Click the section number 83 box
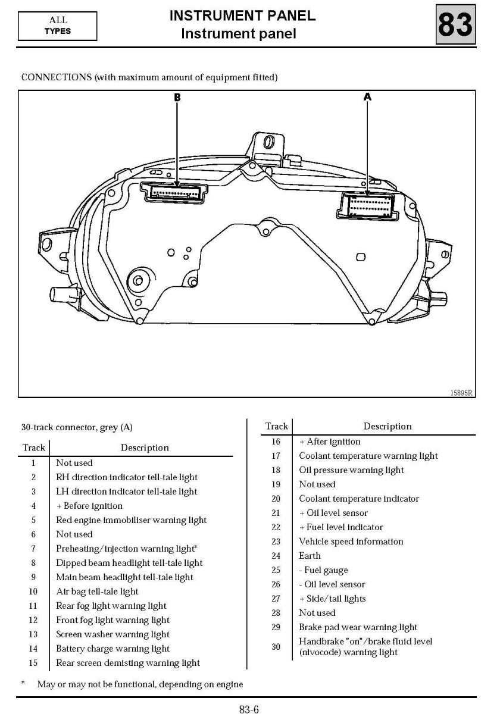coord(455,24)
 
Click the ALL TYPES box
coord(58,26)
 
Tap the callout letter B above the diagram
coord(177,98)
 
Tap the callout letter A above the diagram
coord(367,97)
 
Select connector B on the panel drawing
coord(174,193)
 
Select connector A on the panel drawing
coord(367,206)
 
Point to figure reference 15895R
coord(461,393)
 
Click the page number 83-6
coord(249,709)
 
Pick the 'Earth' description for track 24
coord(310,556)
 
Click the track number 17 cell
coord(276,456)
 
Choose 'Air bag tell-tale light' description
coord(97,591)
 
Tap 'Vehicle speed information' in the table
coord(351,542)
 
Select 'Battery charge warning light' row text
coord(112,649)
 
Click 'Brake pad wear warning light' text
coord(358,627)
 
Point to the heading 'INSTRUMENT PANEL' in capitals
coord(242,16)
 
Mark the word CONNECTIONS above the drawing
coord(57,77)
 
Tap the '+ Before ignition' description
coord(89,506)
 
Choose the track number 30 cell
coord(276,646)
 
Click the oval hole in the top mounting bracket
coord(268,142)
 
